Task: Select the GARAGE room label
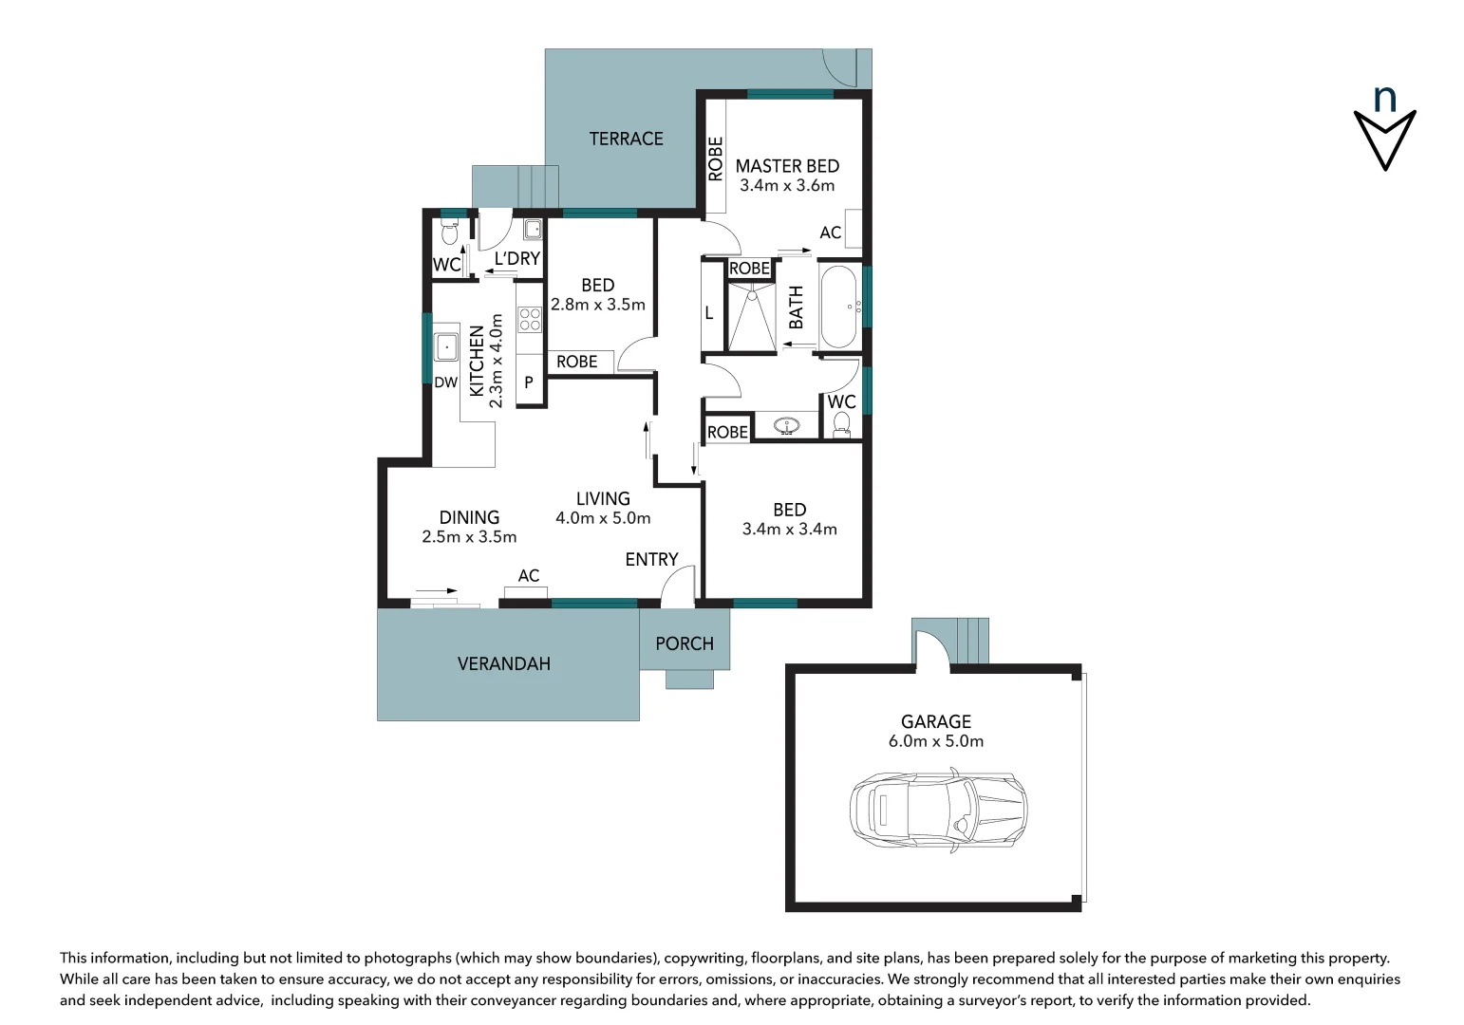click(x=935, y=721)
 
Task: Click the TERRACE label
click(x=626, y=139)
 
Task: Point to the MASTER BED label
click(x=787, y=166)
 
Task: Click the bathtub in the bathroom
click(x=839, y=307)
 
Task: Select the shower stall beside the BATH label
click(x=751, y=316)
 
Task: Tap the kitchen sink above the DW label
click(x=446, y=347)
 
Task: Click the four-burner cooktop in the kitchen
click(x=529, y=319)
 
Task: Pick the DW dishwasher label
click(x=445, y=382)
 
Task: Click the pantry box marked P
click(x=529, y=382)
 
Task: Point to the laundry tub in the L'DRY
click(x=533, y=229)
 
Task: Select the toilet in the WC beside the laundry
click(x=450, y=233)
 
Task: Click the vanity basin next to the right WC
click(x=786, y=426)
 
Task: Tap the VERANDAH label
click(x=503, y=663)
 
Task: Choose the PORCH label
click(x=684, y=643)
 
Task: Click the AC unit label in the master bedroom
click(x=830, y=233)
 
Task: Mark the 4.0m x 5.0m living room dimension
click(x=603, y=518)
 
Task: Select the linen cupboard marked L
click(x=709, y=312)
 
